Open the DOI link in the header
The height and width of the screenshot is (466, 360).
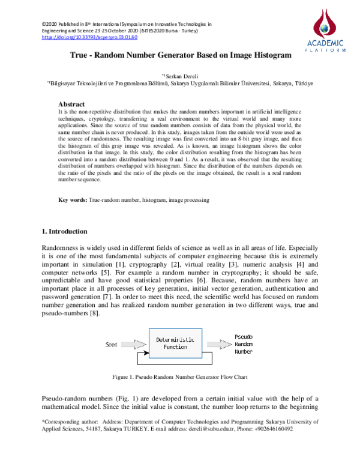[x=89, y=37]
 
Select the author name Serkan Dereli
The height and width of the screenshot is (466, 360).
[x=182, y=76]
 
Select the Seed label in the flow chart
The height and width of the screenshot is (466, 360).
[x=112, y=345]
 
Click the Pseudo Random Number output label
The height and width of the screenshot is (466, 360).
[x=245, y=344]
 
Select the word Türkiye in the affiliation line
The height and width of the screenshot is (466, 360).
[x=304, y=85]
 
